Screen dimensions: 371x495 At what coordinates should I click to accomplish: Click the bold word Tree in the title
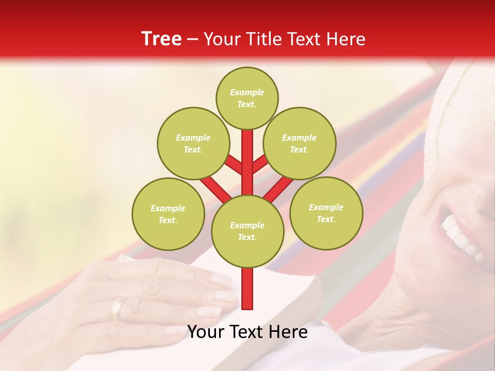coord(161,39)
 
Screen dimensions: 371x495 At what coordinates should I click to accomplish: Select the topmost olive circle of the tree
coord(247,98)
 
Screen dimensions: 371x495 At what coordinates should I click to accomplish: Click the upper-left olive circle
coord(193,143)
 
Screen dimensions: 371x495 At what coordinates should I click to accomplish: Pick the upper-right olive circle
coord(300,143)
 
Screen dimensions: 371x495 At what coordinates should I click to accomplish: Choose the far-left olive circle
coord(168,214)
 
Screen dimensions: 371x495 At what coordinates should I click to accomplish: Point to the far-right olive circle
coord(326,213)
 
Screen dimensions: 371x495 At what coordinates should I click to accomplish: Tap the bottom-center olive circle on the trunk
coord(247,231)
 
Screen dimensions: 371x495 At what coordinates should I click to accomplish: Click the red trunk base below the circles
coord(247,289)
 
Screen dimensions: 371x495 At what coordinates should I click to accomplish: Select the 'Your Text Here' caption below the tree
coord(247,332)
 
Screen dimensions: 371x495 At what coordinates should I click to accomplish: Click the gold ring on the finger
coord(118,308)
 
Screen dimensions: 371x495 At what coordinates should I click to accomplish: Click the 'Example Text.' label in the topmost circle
coord(247,98)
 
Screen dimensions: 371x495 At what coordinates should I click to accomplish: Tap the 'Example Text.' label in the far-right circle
coord(326,213)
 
